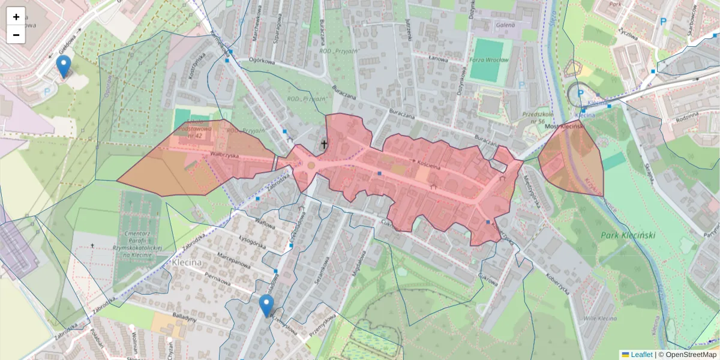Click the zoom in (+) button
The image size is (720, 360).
pyautogui.click(x=16, y=17)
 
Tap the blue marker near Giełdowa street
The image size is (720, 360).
pyautogui.click(x=63, y=67)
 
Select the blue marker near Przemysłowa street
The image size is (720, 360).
pyautogui.click(x=266, y=305)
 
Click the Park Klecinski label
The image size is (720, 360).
pyautogui.click(x=628, y=235)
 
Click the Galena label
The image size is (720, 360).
pyautogui.click(x=506, y=26)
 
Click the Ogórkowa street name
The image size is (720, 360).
pyautogui.click(x=262, y=61)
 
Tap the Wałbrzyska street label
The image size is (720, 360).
pyautogui.click(x=224, y=155)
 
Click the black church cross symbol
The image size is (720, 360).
pyautogui.click(x=325, y=144)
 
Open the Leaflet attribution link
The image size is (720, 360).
pyautogui.click(x=641, y=355)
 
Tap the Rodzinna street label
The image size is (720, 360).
pyautogui.click(x=686, y=116)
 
